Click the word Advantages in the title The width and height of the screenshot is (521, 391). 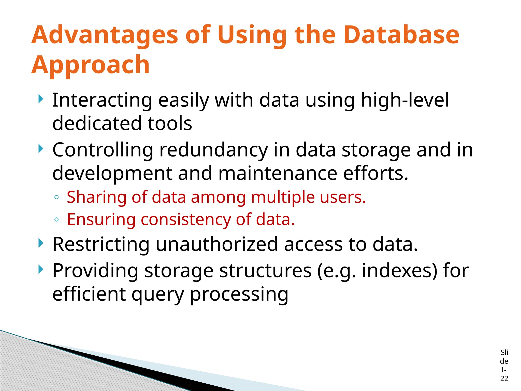tap(105, 36)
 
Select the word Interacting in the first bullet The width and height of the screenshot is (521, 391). tap(102, 100)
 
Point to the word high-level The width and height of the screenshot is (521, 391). tap(405, 100)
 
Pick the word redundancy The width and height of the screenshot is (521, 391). tap(213, 150)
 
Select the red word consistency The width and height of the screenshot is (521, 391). tap(185, 220)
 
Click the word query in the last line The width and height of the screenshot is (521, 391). tap(157, 295)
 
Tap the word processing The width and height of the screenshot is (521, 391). tap(239, 295)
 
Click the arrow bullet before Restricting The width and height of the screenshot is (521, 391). tap(41, 243)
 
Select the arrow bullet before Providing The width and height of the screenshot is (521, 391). tap(41, 269)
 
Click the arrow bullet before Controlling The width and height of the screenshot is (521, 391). tap(41, 149)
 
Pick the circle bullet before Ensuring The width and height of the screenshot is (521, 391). tap(56, 219)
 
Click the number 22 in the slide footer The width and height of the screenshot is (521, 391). tap(504, 379)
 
